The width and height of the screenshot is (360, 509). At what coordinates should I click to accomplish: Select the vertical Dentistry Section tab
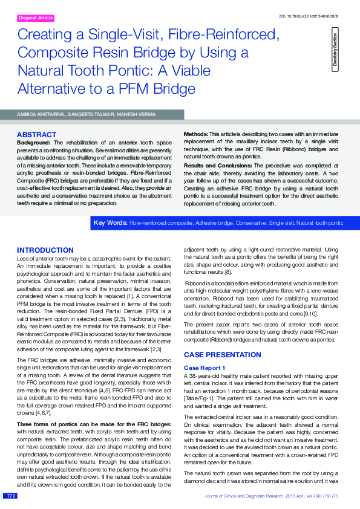335,51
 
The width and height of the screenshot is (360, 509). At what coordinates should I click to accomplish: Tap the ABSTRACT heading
37,134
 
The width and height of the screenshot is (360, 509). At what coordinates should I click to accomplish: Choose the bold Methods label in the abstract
195,133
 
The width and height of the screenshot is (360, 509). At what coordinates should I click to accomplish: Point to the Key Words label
110,224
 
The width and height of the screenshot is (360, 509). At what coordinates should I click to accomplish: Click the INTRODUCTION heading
45,250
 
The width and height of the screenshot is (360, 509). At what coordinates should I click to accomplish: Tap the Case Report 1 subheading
204,368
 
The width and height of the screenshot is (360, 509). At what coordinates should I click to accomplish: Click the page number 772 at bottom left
10,496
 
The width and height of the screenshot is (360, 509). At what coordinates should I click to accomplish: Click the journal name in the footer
243,496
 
